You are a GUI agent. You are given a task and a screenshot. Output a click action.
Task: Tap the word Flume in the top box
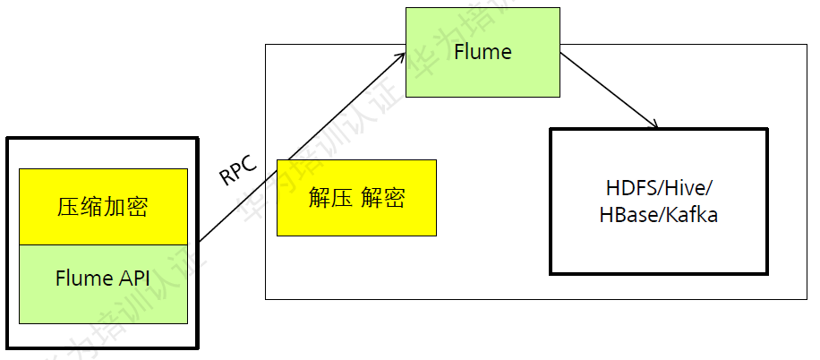click(x=483, y=52)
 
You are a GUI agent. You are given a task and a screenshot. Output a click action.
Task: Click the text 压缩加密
click(x=103, y=208)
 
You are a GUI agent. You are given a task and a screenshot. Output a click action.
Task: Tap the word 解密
click(x=383, y=199)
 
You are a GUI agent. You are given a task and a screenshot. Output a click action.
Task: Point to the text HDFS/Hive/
click(x=659, y=190)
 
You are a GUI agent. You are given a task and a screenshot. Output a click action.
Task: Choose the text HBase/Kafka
click(x=659, y=216)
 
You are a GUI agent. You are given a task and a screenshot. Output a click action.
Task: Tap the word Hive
click(x=688, y=190)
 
